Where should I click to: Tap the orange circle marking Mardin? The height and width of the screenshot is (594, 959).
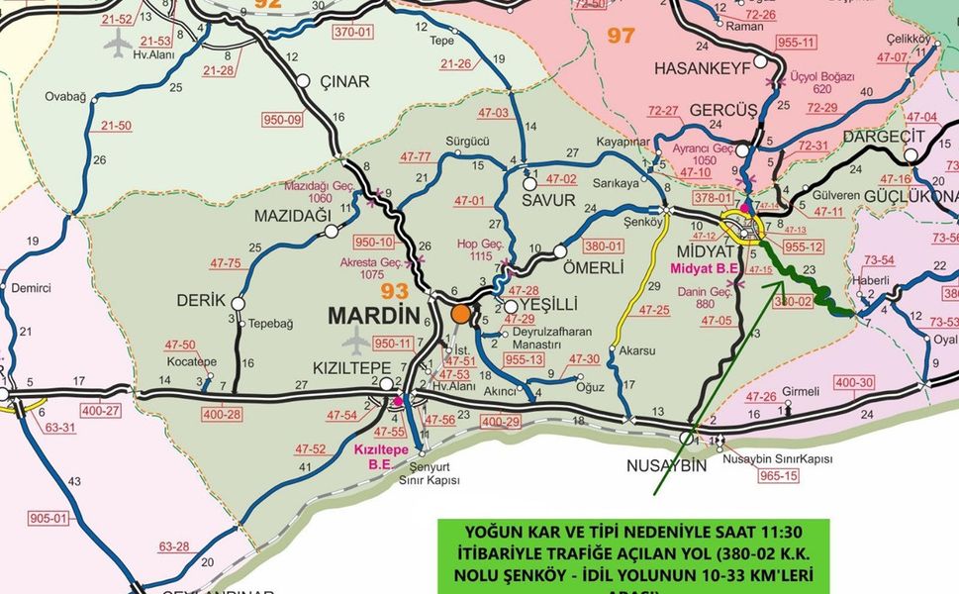(x=460, y=314)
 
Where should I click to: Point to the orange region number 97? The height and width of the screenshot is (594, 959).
(x=621, y=36)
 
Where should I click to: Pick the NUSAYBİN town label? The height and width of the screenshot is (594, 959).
(x=667, y=465)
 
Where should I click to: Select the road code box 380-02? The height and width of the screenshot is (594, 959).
(x=793, y=299)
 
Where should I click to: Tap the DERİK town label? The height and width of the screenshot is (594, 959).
(x=202, y=300)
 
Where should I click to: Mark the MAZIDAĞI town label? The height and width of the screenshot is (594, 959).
(x=292, y=215)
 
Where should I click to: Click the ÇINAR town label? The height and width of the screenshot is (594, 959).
(x=344, y=81)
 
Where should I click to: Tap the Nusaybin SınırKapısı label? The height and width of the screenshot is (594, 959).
(x=777, y=459)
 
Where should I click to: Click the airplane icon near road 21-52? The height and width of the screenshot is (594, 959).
(x=118, y=44)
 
